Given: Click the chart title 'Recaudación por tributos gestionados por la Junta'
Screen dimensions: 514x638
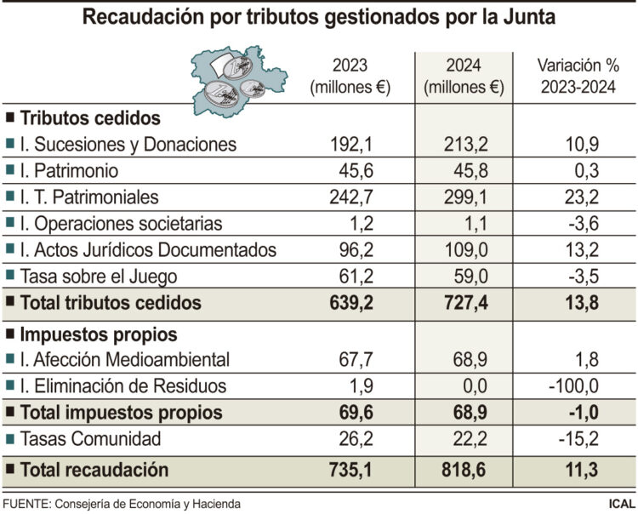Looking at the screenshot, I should [319, 17].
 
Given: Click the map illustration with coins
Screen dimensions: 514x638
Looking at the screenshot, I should [242, 81].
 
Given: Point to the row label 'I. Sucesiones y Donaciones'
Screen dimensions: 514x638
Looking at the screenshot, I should [127, 144].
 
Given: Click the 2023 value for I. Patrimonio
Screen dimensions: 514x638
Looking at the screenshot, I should [350, 170].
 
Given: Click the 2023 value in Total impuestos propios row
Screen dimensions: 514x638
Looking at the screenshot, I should [350, 414].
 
